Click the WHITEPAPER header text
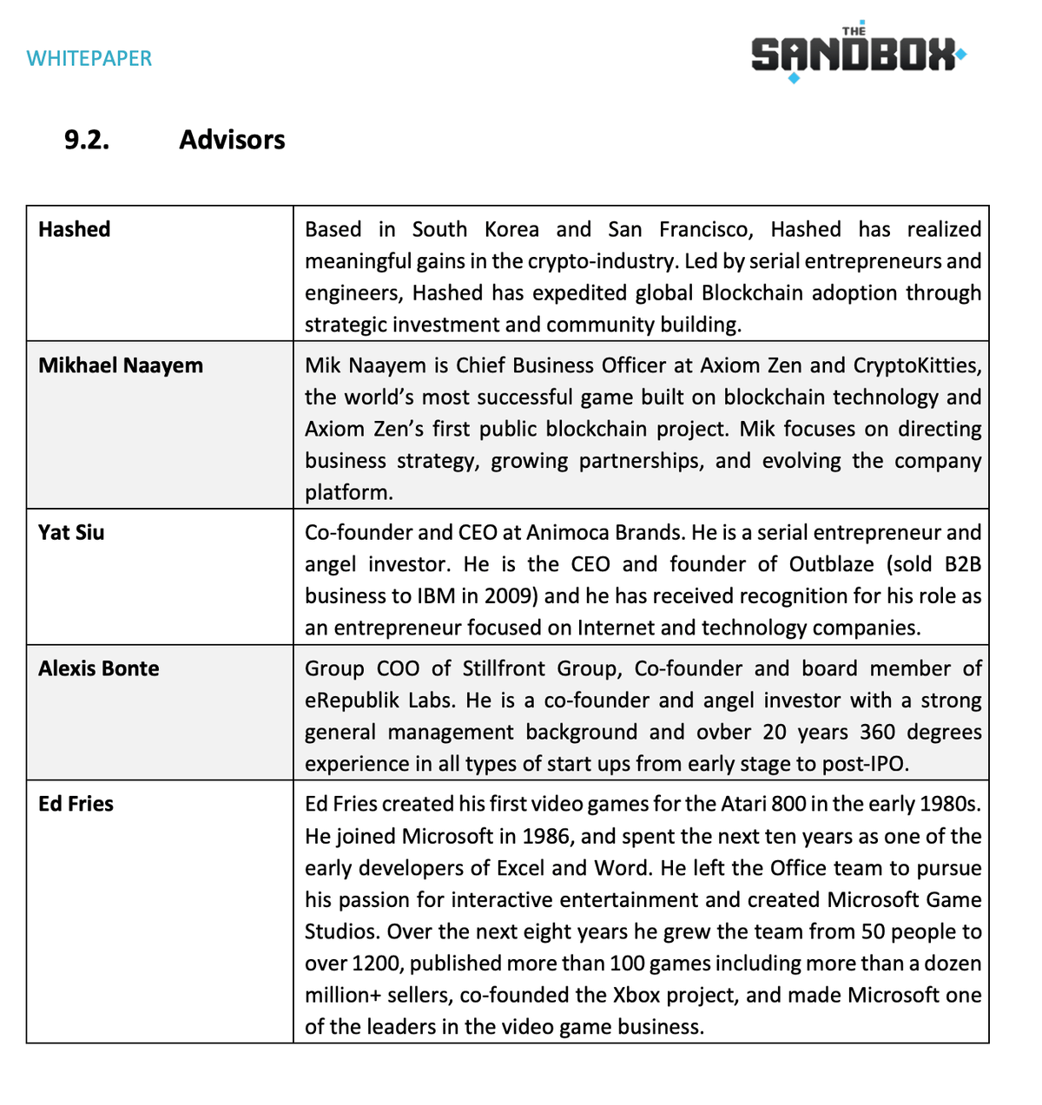(x=89, y=58)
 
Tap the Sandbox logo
(x=857, y=55)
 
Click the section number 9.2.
(x=87, y=140)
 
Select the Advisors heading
(x=232, y=140)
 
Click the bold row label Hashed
(x=75, y=229)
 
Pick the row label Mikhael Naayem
(x=121, y=365)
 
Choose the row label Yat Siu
(x=71, y=532)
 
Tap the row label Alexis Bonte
(x=99, y=668)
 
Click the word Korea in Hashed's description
(x=511, y=229)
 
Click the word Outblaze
(x=831, y=564)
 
